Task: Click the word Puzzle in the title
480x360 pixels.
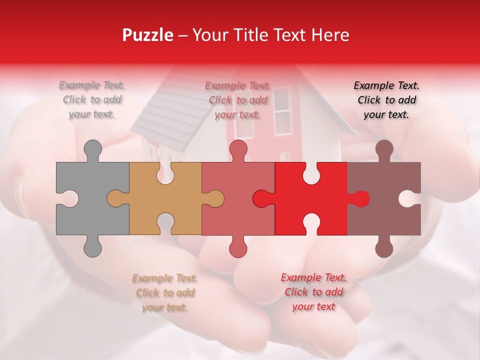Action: tap(148, 35)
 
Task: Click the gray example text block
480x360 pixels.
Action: tap(92, 99)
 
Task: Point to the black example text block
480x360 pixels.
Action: tap(386, 99)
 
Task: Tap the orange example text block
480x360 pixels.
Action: tap(165, 292)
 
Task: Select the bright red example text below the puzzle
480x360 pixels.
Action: tap(313, 291)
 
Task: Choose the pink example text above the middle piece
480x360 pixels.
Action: tap(237, 99)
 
